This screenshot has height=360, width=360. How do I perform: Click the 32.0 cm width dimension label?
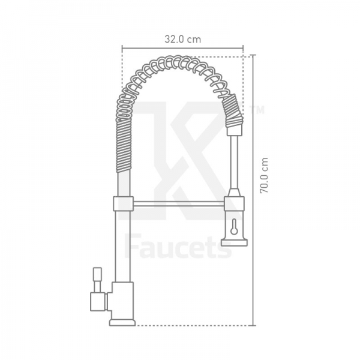point(182,40)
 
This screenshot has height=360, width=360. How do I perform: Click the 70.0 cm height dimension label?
point(264,175)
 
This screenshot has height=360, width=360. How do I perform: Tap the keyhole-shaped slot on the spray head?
point(234,227)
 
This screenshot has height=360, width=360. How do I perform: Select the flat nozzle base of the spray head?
point(234,242)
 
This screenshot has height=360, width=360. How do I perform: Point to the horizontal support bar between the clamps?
point(179,203)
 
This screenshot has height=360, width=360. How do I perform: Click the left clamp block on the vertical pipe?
point(123,203)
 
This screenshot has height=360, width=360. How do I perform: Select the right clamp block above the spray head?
point(234,203)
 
